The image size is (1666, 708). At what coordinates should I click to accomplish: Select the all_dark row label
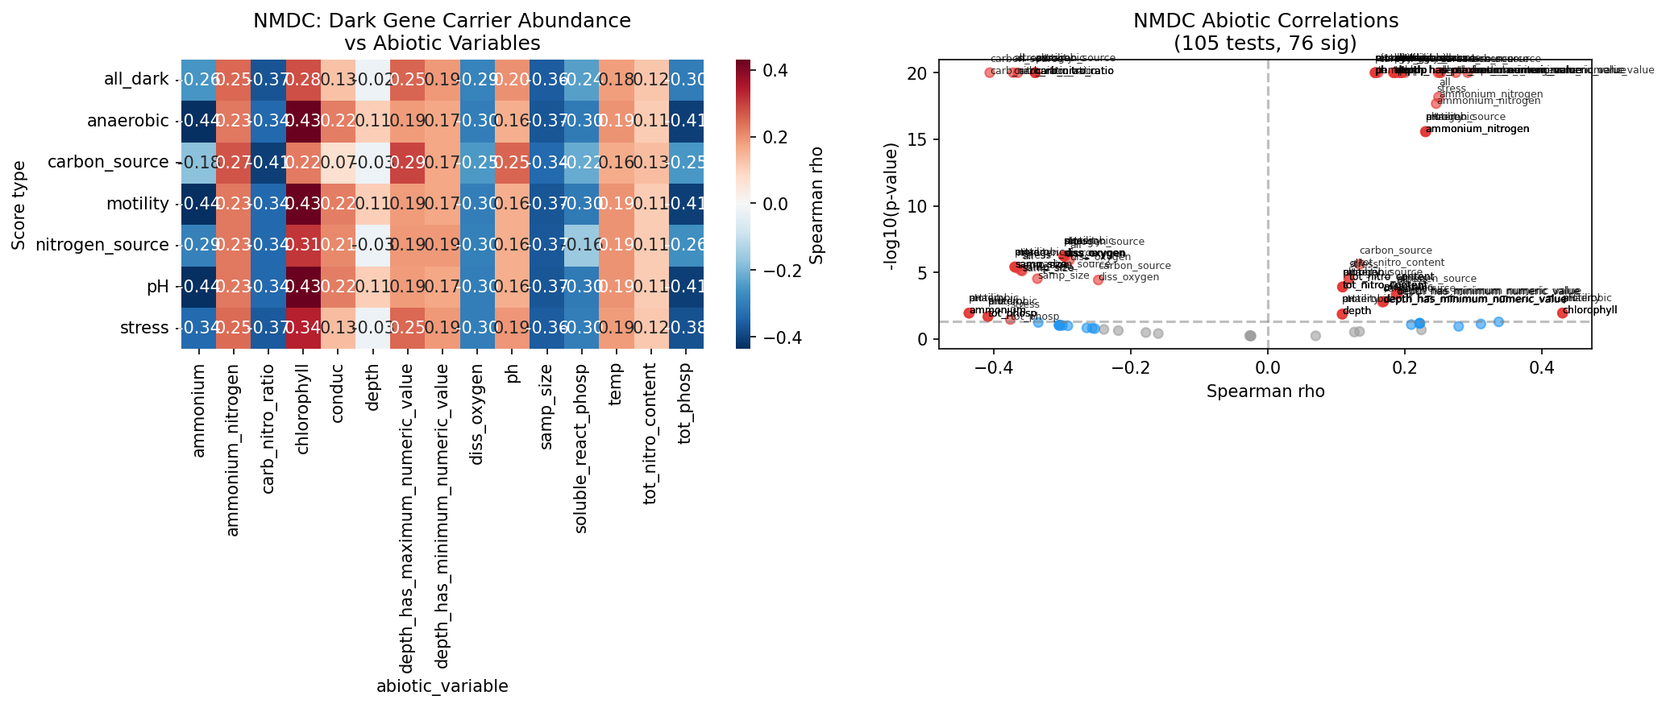pos(136,80)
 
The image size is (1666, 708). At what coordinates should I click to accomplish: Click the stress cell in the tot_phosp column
pos(686,328)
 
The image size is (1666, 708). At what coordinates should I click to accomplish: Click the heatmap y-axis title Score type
pos(19,205)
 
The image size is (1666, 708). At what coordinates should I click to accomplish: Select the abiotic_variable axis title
pos(442,686)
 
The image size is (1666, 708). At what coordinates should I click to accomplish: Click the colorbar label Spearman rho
pos(817,205)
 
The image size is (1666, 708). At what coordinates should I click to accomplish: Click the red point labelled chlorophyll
pos(1562,313)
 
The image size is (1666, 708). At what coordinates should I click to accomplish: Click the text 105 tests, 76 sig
pos(1265,43)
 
